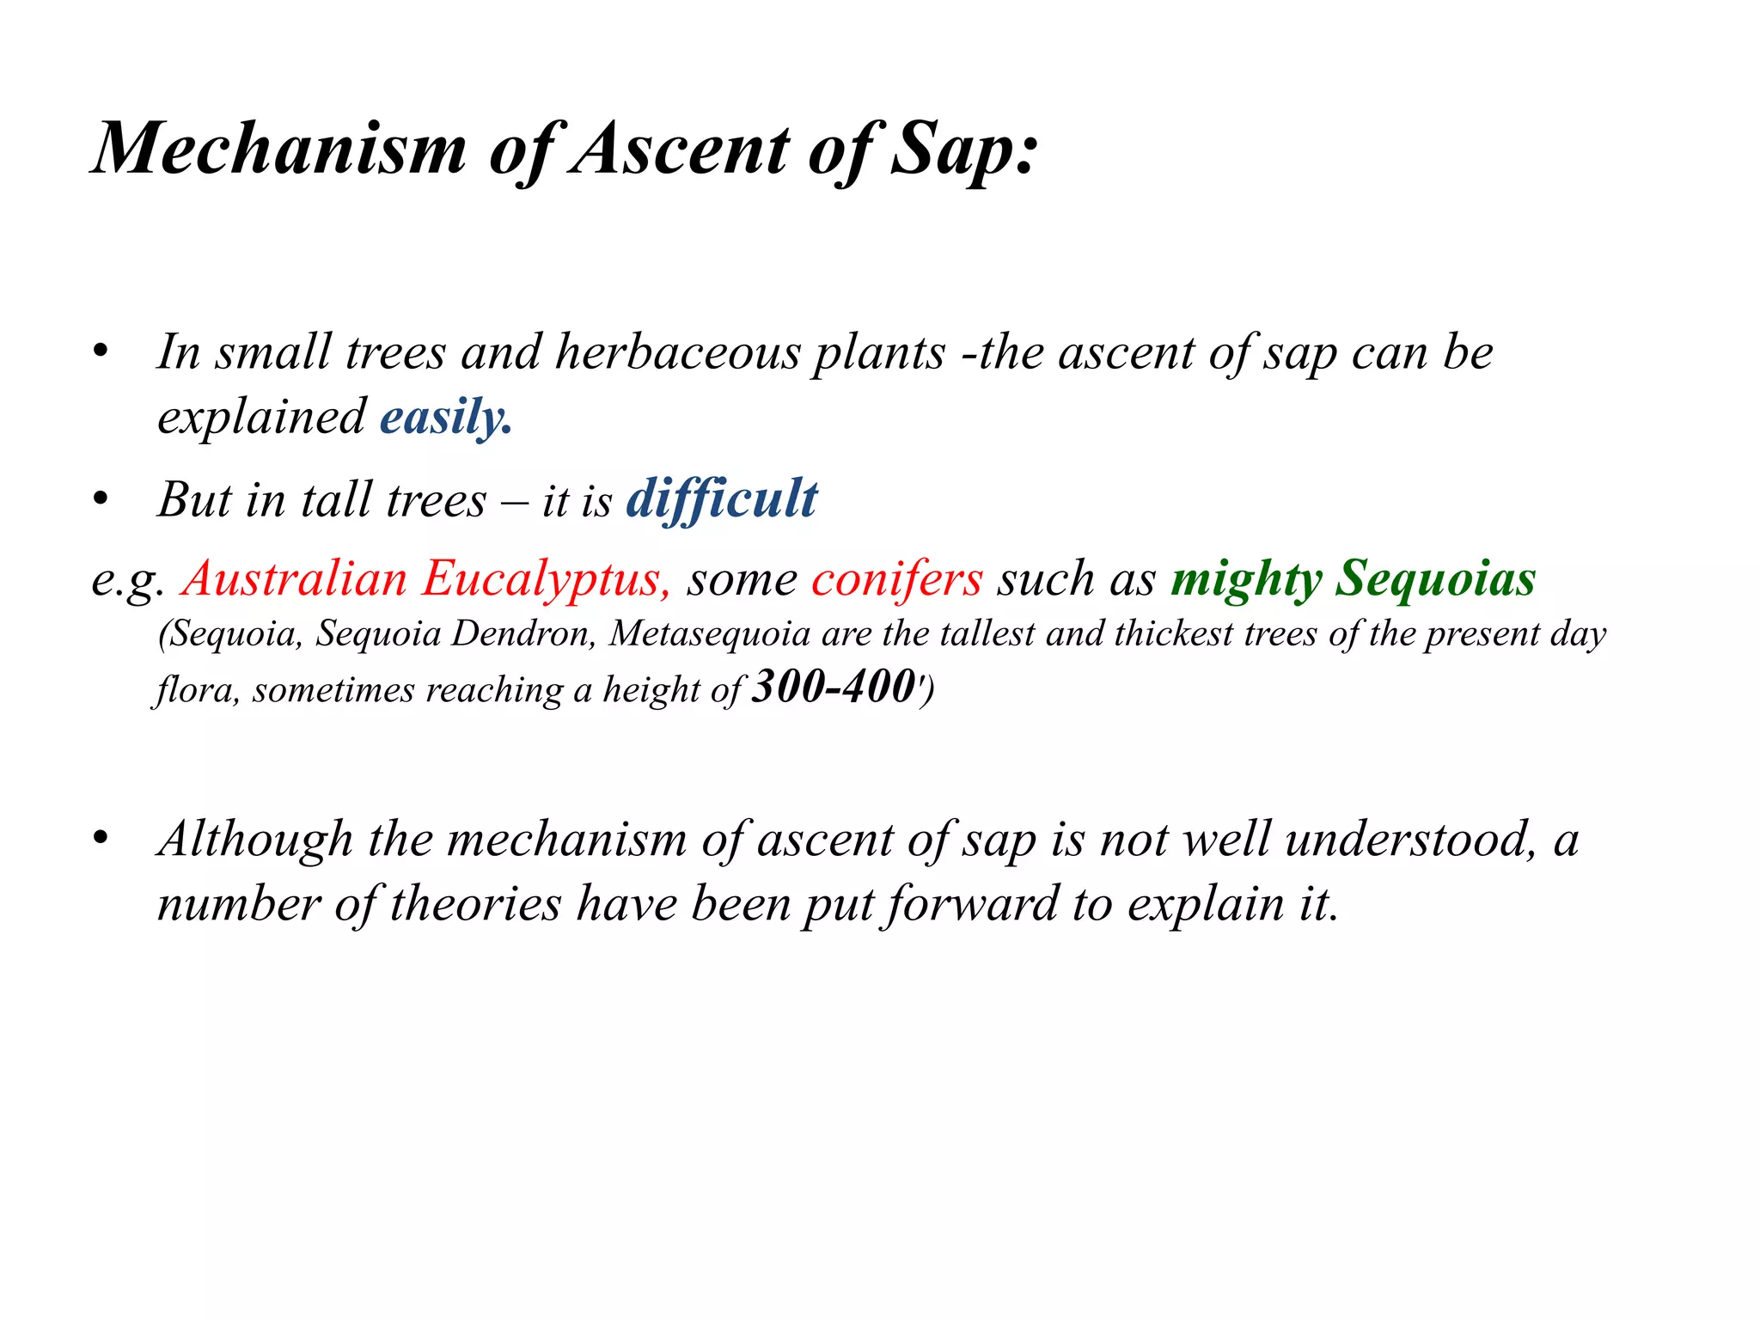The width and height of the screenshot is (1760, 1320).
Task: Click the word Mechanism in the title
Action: (x=279, y=148)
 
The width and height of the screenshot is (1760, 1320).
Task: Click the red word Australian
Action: (x=295, y=578)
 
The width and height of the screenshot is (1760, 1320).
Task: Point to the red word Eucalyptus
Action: (x=545, y=578)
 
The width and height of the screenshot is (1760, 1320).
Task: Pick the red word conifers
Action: (x=896, y=578)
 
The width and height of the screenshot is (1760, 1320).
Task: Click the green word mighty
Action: (x=1246, y=578)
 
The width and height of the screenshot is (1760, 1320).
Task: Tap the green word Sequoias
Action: (x=1435, y=578)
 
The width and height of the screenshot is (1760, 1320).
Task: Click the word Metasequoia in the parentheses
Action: (x=710, y=634)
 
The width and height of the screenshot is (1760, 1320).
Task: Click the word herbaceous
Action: (x=677, y=352)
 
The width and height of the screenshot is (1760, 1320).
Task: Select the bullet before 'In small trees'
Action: (x=101, y=352)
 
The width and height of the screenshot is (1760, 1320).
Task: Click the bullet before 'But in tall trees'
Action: (x=101, y=499)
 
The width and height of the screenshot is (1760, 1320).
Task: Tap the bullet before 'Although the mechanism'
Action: (x=101, y=839)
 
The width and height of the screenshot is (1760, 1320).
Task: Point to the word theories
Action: (x=475, y=904)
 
